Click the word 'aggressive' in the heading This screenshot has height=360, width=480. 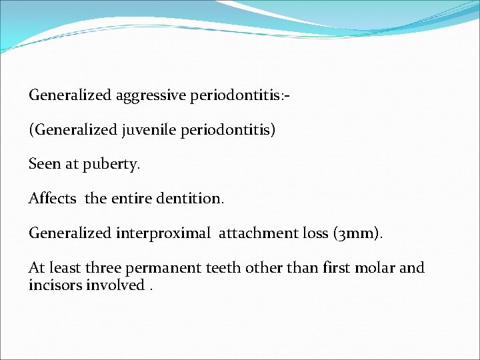coord(151,95)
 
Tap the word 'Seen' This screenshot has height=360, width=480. coord(45,164)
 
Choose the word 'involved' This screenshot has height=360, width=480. coord(118,285)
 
